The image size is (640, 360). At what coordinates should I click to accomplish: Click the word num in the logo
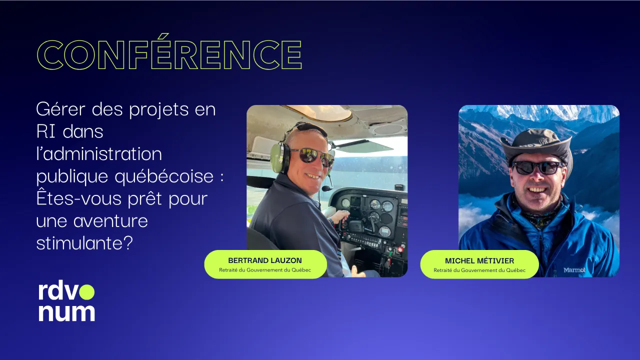point(66,312)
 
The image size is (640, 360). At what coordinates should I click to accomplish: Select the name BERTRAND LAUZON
point(265,260)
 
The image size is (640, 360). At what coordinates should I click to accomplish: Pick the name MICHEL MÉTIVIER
point(479,261)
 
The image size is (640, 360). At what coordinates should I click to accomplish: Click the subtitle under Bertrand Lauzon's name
point(265,270)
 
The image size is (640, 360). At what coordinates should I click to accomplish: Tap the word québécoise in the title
point(164,176)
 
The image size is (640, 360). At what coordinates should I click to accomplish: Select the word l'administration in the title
point(99,153)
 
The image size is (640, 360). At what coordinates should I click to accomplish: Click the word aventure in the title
point(110,221)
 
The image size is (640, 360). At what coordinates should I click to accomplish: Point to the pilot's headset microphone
point(327,188)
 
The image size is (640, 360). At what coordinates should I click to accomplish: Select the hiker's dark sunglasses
point(537,167)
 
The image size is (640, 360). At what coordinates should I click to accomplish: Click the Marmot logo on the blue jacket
point(574,269)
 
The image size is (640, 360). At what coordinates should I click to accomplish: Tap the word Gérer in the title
point(61,109)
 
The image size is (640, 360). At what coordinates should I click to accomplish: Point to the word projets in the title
point(159,110)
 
